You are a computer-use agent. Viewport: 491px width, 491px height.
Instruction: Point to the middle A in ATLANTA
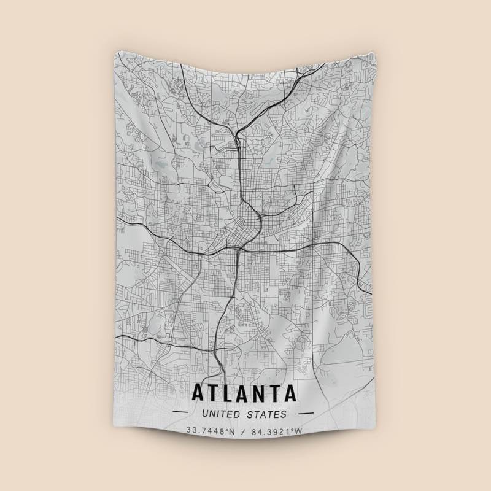coord(246,392)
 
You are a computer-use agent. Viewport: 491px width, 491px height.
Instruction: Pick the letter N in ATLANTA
coord(263,392)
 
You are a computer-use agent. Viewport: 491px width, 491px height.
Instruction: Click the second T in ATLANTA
coord(278,392)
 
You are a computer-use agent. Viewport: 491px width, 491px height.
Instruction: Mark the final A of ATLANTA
coord(292,392)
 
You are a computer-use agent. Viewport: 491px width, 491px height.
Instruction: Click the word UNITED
coord(222,414)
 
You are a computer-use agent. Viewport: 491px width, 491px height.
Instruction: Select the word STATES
coord(268,414)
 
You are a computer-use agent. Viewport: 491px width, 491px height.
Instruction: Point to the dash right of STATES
coord(305,414)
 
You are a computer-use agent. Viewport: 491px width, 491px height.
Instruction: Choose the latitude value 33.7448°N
coord(212,431)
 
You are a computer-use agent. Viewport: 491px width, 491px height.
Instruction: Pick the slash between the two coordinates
coord(244,431)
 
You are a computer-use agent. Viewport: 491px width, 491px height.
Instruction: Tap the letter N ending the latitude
coord(233,431)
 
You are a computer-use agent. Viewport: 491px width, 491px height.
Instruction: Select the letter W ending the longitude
coord(299,431)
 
